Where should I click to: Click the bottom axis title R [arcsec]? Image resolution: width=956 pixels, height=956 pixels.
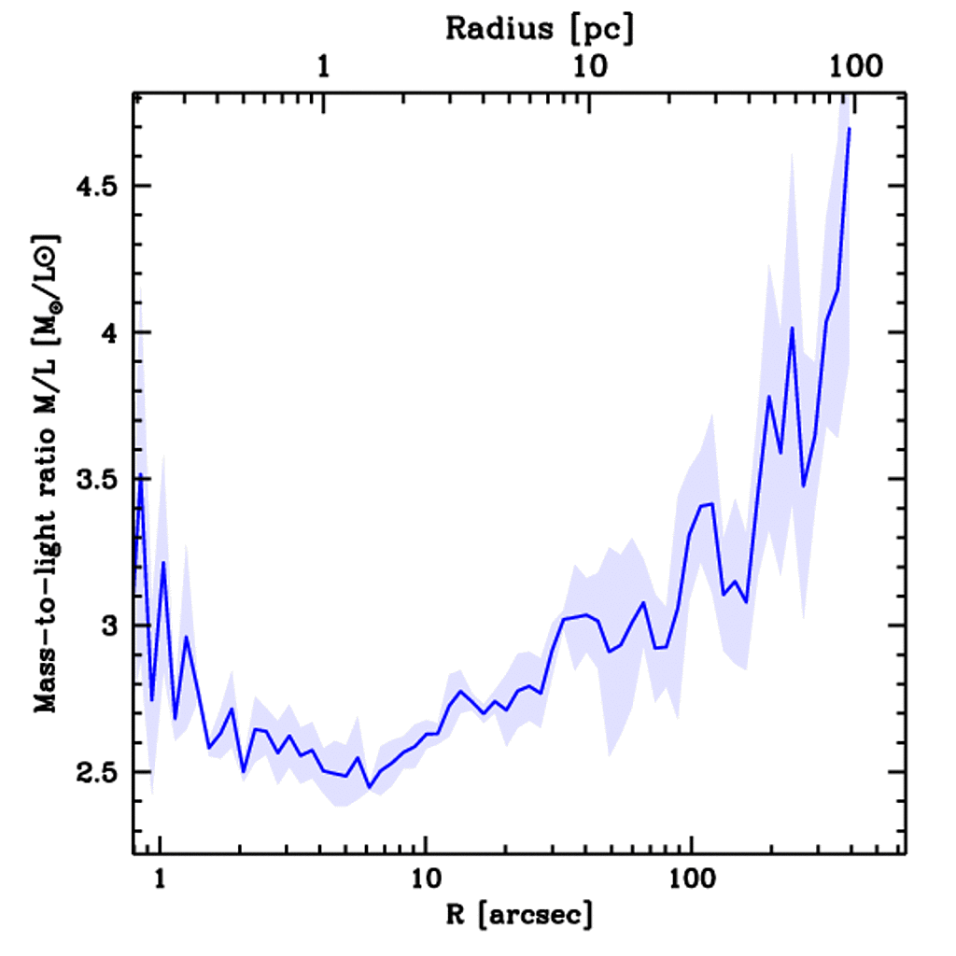click(518, 914)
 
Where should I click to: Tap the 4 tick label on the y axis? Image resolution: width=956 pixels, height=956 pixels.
click(112, 333)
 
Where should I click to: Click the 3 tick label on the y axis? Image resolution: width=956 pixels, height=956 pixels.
click(112, 626)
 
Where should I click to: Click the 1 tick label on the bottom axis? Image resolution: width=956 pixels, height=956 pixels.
click(160, 877)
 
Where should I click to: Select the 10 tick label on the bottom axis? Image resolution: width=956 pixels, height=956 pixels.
click(426, 877)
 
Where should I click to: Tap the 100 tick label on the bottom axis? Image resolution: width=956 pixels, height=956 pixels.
click(691, 877)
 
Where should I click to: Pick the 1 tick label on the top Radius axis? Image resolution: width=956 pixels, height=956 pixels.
click(323, 67)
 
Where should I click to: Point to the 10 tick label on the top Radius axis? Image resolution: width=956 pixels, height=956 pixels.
click(589, 67)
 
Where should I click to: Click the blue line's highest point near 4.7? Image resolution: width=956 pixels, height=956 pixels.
click(849, 129)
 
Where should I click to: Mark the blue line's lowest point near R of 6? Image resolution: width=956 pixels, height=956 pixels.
click(369, 787)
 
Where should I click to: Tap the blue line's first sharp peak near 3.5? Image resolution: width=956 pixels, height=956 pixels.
click(141, 475)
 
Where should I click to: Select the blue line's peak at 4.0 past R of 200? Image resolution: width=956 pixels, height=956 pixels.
click(792, 328)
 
